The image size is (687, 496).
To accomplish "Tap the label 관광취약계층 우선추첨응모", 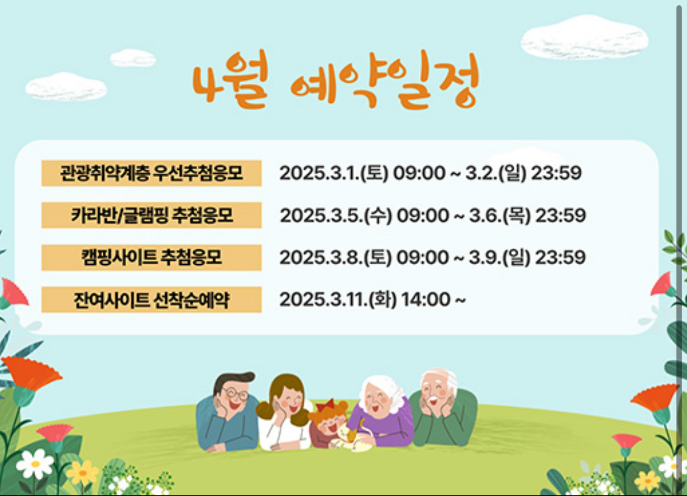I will click(151, 173).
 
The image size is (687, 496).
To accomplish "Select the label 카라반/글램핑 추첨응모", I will click(151, 215).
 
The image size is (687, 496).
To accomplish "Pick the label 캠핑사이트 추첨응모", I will click(151, 258).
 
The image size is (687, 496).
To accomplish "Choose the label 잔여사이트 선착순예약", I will click(151, 300).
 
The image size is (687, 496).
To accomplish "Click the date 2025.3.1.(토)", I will click(333, 174).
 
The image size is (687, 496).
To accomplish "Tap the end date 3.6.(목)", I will click(499, 216).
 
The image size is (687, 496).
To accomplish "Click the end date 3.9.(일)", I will click(499, 258).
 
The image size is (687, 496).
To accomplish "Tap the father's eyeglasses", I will click(236, 393).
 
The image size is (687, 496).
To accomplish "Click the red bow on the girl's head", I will click(325, 404).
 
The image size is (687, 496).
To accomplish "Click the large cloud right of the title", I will click(584, 38).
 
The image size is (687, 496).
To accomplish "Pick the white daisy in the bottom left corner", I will click(35, 464).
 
